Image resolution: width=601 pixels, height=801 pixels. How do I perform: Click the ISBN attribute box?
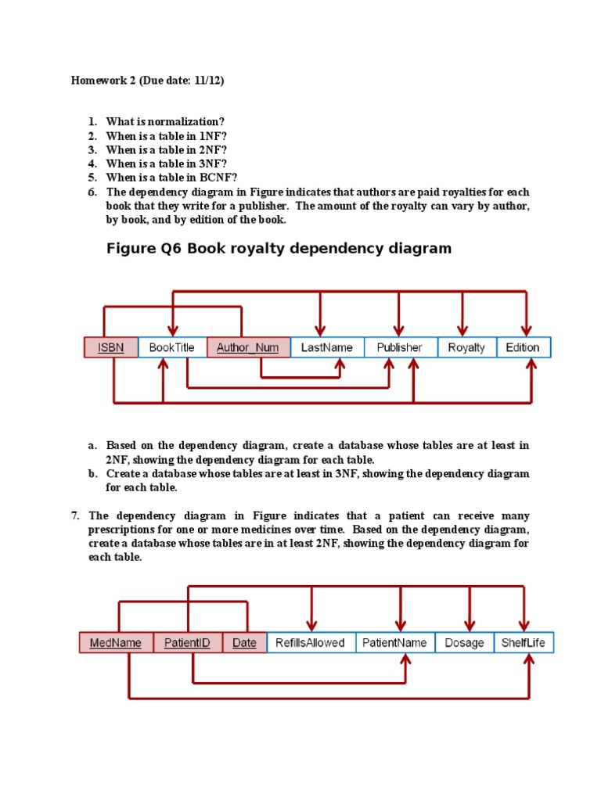[x=110, y=347]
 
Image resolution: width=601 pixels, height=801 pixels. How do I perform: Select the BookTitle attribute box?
[x=171, y=347]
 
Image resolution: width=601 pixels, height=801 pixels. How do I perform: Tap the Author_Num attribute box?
[x=247, y=347]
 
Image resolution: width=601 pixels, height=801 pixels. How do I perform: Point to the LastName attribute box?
[x=326, y=347]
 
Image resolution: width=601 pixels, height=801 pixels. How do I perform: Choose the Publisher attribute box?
[x=399, y=347]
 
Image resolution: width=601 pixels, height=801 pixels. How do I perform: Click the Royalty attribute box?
[x=466, y=347]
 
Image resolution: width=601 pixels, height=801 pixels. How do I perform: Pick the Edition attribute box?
[x=523, y=347]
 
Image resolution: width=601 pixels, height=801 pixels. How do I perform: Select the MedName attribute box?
[x=116, y=643]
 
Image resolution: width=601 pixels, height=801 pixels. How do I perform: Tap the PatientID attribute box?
[x=188, y=643]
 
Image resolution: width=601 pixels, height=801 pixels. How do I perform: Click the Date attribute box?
[x=244, y=643]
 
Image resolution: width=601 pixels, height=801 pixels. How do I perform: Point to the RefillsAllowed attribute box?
[x=310, y=643]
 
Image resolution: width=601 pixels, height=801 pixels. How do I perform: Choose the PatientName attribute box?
[x=394, y=643]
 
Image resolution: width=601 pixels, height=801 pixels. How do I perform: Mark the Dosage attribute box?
[x=463, y=643]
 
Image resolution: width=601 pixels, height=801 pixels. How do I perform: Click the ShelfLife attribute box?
[x=524, y=643]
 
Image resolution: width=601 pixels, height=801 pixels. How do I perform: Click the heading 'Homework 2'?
[x=101, y=81]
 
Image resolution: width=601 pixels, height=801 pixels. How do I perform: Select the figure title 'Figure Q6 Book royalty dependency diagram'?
[x=279, y=249]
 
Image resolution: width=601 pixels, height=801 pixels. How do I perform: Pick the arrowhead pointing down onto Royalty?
[x=462, y=329]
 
